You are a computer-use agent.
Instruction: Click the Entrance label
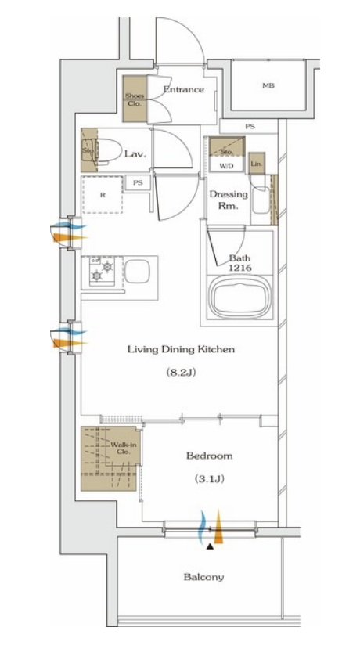click(183, 89)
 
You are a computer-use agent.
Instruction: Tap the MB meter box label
click(268, 85)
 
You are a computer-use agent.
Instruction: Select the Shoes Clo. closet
click(135, 99)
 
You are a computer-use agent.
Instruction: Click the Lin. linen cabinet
click(257, 164)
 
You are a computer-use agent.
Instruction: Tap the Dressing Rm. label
click(228, 200)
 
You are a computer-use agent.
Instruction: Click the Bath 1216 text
click(240, 263)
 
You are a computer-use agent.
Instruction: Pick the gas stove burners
click(102, 271)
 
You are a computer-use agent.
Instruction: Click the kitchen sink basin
click(137, 271)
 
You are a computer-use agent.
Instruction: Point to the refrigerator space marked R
click(103, 194)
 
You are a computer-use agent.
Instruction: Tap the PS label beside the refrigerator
click(138, 182)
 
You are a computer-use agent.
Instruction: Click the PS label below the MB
click(250, 127)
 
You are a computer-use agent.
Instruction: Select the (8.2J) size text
click(181, 372)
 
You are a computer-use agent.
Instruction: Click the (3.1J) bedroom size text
click(210, 479)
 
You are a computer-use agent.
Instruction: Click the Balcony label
click(203, 576)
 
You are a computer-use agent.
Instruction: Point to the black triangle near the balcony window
click(211, 546)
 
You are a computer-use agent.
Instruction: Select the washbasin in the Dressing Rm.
click(261, 200)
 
